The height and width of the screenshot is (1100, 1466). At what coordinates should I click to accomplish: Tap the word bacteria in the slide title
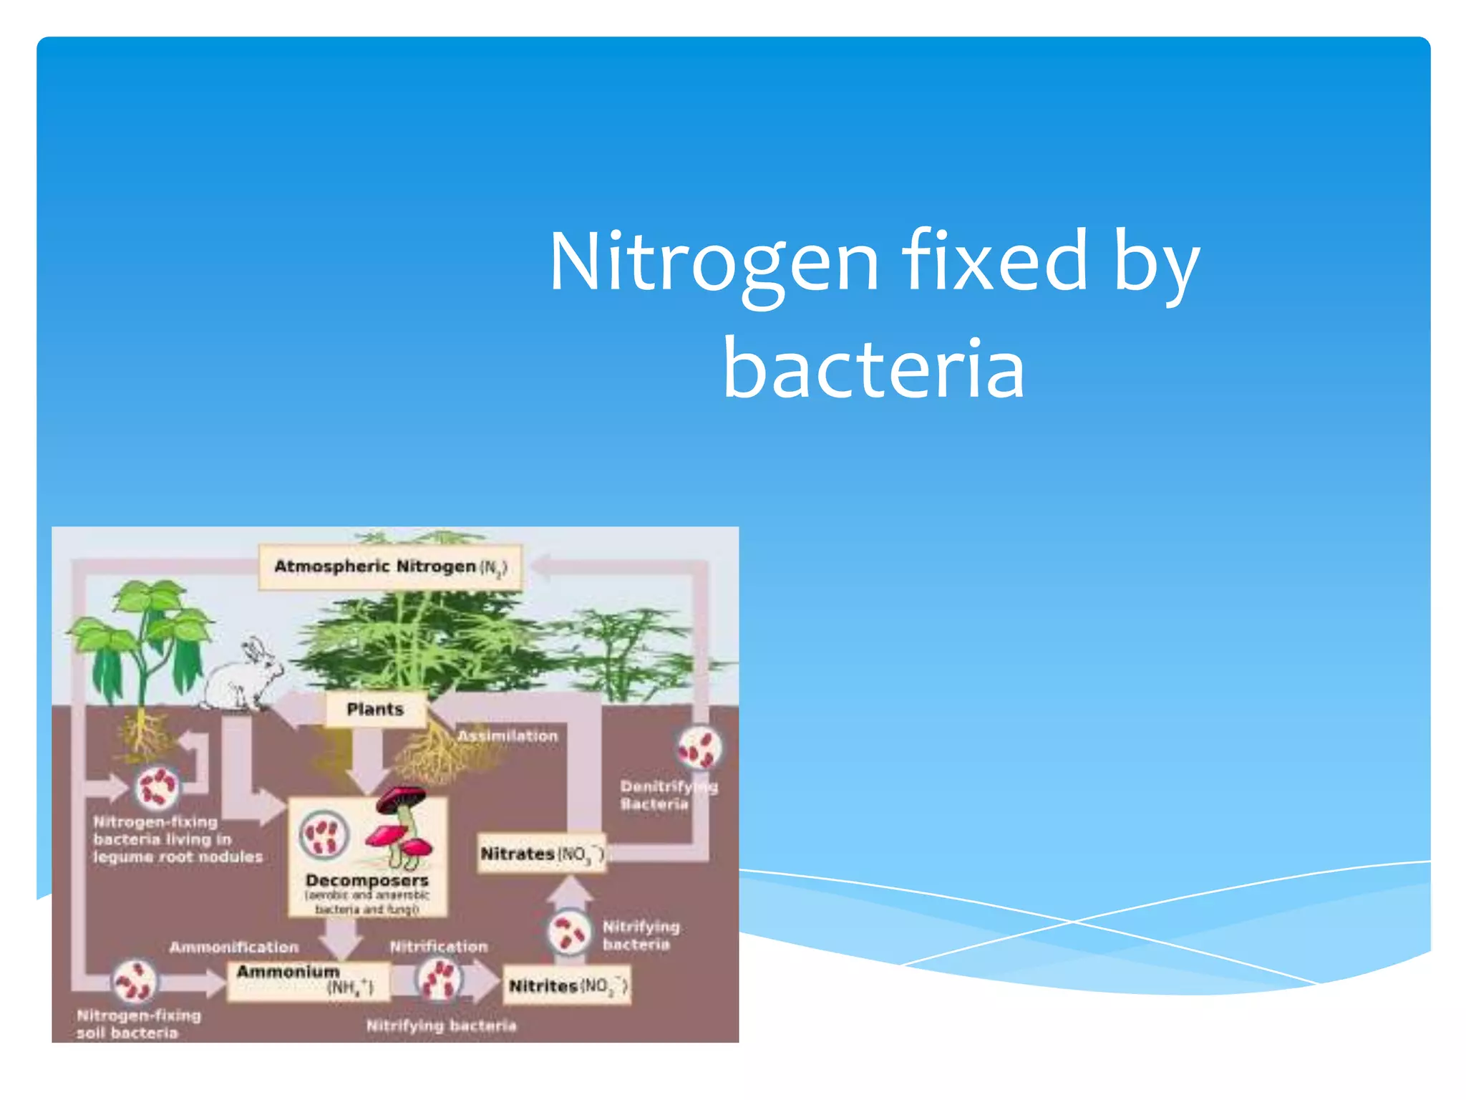coord(874,369)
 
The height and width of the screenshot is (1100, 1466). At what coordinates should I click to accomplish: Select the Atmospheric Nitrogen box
coord(390,567)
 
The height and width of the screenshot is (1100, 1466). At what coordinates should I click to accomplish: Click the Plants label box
coord(375,709)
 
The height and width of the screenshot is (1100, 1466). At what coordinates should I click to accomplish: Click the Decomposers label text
coord(366,880)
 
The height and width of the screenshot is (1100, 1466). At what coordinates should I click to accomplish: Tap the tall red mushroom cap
coord(402,797)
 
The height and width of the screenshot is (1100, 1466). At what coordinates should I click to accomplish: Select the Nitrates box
coord(542,854)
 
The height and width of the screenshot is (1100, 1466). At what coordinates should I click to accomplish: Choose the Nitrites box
coord(568,986)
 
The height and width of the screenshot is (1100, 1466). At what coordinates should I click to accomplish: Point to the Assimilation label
coord(508,735)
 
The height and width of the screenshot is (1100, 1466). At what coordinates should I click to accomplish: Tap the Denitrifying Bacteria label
coord(668,795)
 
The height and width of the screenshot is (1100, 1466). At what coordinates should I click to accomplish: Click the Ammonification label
coord(234,947)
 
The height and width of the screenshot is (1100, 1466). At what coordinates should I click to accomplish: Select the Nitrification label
coord(439,946)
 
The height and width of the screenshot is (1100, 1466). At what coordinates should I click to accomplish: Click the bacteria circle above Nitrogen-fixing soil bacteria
coord(135,981)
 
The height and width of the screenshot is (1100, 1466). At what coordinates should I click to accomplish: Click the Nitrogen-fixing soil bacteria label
coord(138,1023)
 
